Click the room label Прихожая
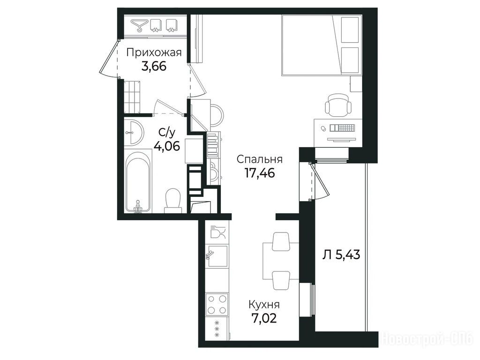154,52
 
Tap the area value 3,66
154,66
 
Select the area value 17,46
260,173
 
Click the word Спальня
260,159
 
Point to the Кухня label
264,305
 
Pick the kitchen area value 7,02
264,318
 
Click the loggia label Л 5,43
341,255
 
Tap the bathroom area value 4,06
166,146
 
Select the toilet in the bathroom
173,201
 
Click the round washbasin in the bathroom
134,132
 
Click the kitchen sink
217,256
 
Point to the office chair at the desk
338,105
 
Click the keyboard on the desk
343,127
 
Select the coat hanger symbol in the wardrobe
139,25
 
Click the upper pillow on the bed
350,30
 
